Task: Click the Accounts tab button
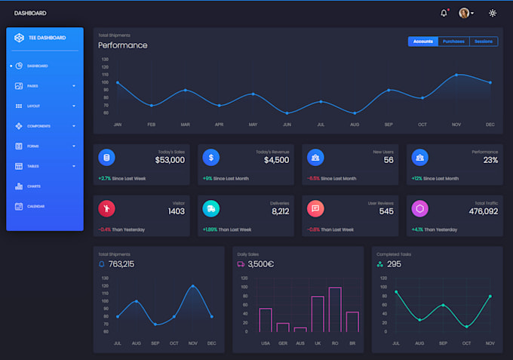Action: pos(423,42)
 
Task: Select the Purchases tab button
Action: pos(453,42)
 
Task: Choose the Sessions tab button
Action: pos(483,42)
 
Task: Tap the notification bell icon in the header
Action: pos(444,13)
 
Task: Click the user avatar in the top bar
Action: pos(464,13)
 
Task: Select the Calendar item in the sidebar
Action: pos(35,206)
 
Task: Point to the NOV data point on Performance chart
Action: pos(456,75)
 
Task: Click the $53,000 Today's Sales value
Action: pos(170,160)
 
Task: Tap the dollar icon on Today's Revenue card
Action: pos(211,158)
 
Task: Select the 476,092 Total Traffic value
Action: pos(483,211)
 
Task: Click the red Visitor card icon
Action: pos(106,208)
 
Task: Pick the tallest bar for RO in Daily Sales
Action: pos(335,309)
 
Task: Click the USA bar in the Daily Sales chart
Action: pos(266,320)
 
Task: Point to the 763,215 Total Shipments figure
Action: pos(121,264)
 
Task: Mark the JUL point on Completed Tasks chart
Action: pos(396,291)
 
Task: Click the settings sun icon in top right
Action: pos(493,13)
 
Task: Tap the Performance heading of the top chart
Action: pos(123,45)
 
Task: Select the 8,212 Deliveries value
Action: pos(280,211)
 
